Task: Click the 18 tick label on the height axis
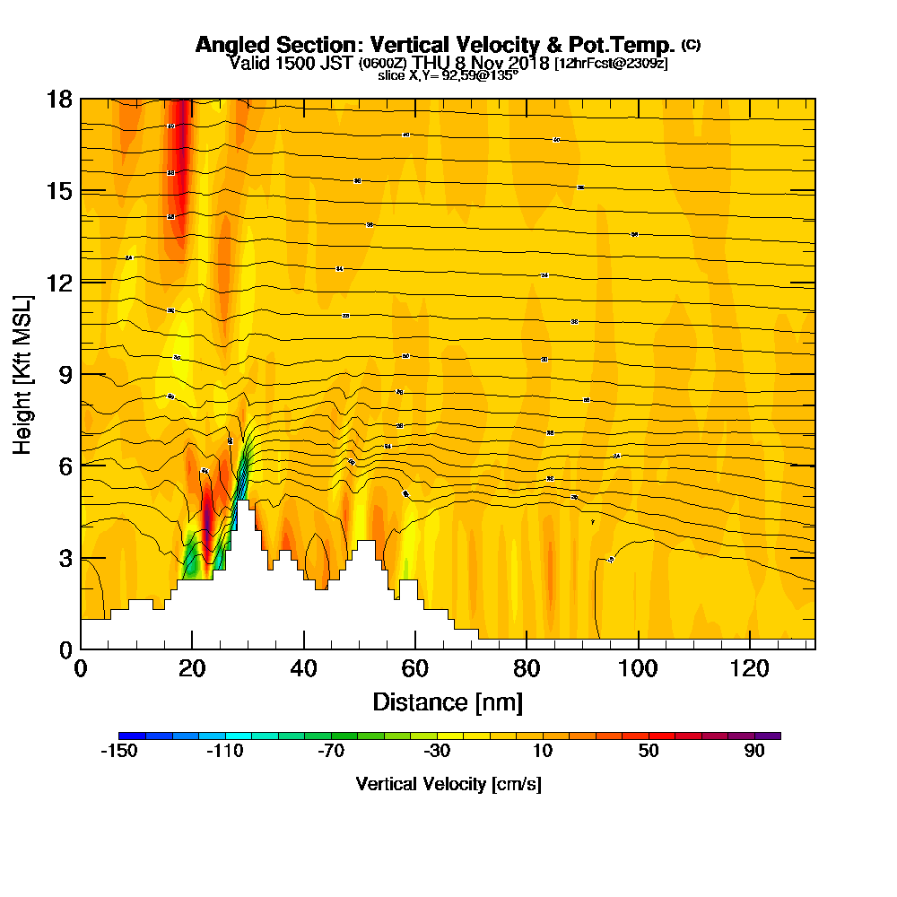[59, 99]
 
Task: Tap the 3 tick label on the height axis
[65, 558]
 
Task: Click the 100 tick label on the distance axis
[638, 668]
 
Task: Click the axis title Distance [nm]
[448, 701]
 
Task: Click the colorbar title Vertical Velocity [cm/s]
[448, 784]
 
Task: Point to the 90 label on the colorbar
[754, 752]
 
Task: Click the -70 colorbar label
[330, 752]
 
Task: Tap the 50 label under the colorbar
[649, 752]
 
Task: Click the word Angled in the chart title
[228, 45]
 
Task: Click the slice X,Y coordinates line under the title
[448, 74]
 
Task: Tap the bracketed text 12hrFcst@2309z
[611, 64]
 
